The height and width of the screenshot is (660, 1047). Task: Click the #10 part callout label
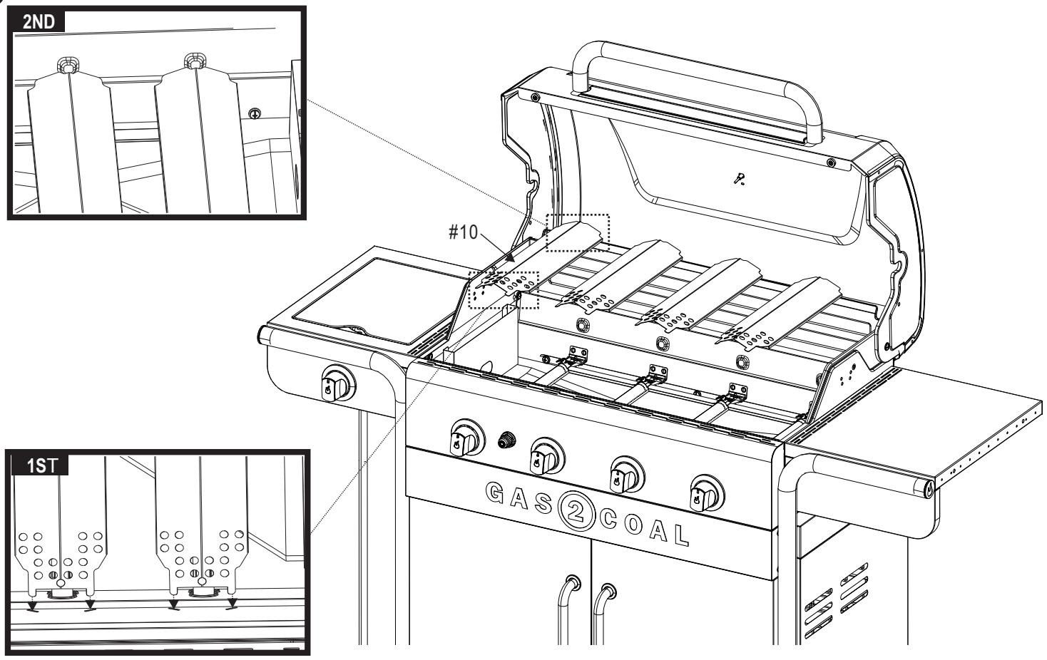click(464, 232)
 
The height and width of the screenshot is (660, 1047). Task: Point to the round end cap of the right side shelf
click(929, 490)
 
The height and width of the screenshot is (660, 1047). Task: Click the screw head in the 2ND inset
click(254, 113)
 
